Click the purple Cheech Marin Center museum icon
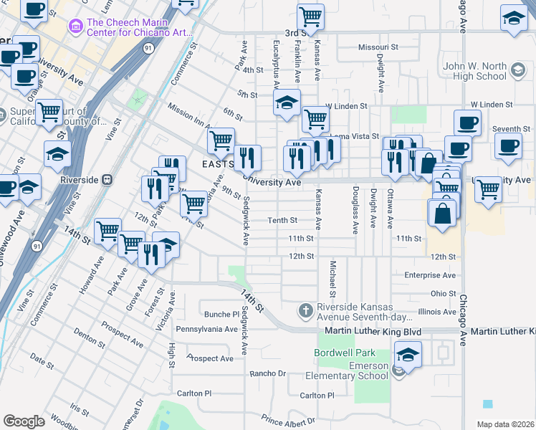click(75, 27)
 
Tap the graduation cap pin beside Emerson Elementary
click(407, 355)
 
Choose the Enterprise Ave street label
click(430, 275)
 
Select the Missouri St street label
click(378, 48)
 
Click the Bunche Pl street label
click(221, 314)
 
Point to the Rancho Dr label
click(267, 373)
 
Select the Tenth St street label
click(282, 221)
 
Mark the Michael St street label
click(333, 279)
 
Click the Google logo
click(24, 421)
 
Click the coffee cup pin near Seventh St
click(508, 145)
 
